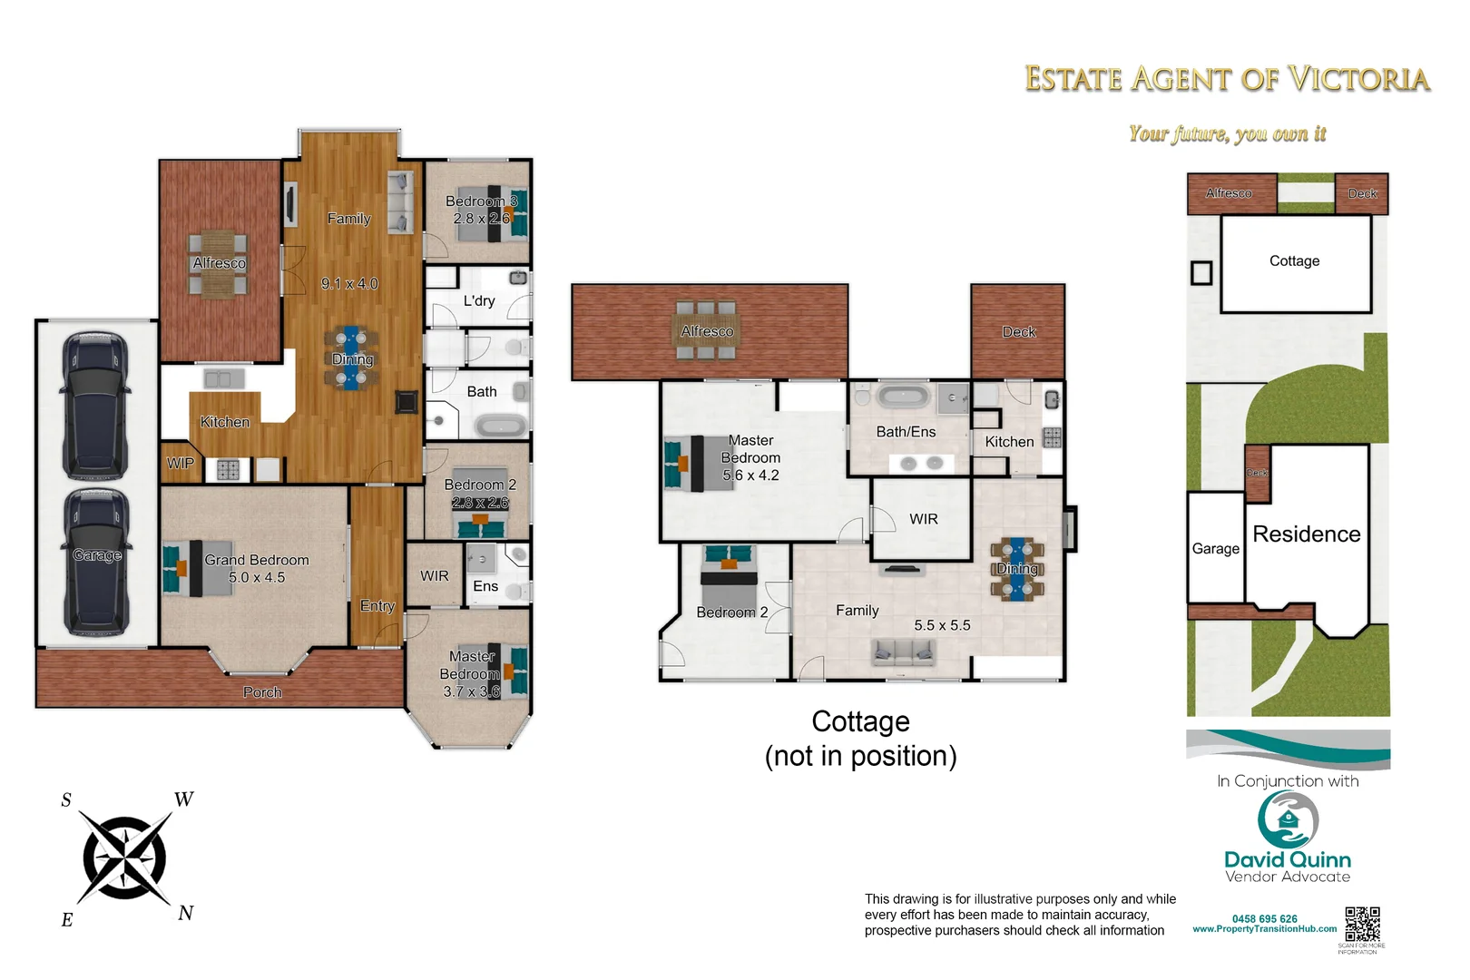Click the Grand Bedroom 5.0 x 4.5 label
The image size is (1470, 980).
tap(257, 569)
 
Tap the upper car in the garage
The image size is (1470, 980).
tap(95, 407)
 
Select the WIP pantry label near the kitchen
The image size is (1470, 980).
tap(181, 463)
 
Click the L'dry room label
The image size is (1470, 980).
tap(479, 300)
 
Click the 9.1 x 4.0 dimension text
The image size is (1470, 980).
tap(349, 283)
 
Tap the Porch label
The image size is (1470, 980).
tap(262, 692)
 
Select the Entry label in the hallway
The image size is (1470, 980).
tap(377, 606)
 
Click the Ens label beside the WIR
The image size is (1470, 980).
tap(485, 586)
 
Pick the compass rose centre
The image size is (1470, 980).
tap(124, 857)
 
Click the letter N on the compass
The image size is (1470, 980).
tap(186, 913)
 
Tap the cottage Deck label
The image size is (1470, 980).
tap(1019, 332)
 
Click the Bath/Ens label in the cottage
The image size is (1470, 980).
tap(906, 432)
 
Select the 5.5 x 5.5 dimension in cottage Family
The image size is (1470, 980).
tap(942, 625)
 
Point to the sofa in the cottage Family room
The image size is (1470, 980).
tap(903, 651)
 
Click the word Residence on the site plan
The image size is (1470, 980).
tap(1306, 534)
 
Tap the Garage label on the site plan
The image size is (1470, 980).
tap(1215, 548)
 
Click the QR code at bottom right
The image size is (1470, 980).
tap(1362, 924)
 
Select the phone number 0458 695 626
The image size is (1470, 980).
tap(1264, 918)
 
